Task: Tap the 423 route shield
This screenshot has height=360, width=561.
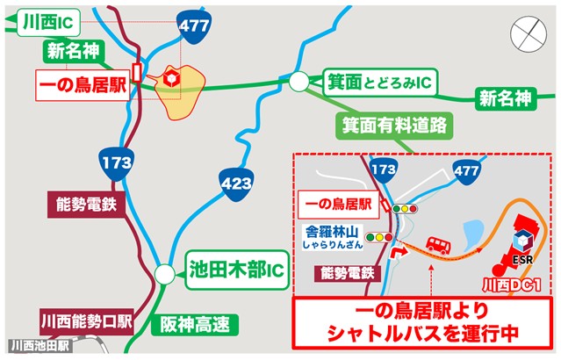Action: pyautogui.click(x=237, y=183)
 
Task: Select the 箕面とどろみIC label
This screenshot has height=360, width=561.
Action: pyautogui.click(x=380, y=83)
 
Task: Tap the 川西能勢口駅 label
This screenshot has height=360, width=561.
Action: pyautogui.click(x=84, y=321)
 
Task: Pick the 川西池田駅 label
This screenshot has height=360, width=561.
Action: pyautogui.click(x=40, y=346)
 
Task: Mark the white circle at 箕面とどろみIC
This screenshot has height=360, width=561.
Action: pyautogui.click(x=299, y=83)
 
